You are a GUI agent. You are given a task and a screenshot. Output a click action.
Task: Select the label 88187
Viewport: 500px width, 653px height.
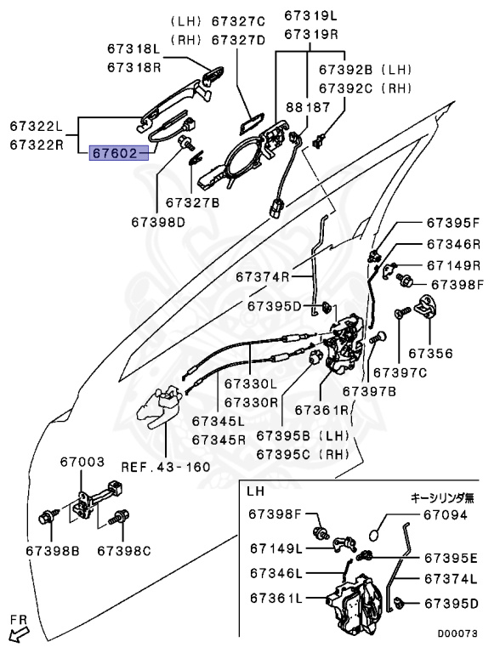pyautogui.click(x=306, y=108)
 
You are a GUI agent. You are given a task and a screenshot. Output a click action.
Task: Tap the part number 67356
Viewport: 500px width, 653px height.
pyautogui.click(x=430, y=353)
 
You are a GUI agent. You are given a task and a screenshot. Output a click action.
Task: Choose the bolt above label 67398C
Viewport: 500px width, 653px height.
pyautogui.click(x=121, y=515)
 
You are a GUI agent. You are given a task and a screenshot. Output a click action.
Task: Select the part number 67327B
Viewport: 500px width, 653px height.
pyautogui.click(x=192, y=203)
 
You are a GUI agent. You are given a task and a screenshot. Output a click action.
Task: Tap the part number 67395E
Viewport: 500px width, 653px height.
pyautogui.click(x=452, y=559)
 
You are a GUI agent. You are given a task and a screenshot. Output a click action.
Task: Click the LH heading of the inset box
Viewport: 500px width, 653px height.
pyautogui.click(x=255, y=491)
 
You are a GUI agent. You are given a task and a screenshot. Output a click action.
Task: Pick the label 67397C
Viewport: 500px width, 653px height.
pyautogui.click(x=401, y=372)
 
